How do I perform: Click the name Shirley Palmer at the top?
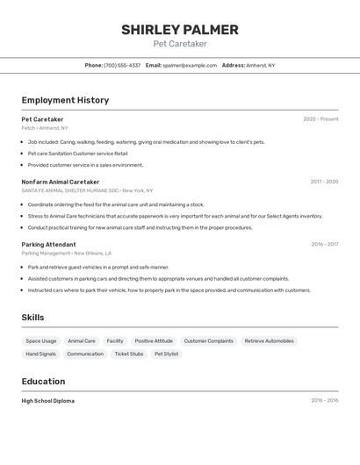pos(179,30)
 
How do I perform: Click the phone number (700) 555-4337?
pos(122,65)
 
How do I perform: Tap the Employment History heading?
pos(65,100)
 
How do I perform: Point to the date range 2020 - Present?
pos(320,119)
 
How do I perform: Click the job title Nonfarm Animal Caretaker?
pos(61,182)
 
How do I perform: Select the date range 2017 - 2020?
pos(324,182)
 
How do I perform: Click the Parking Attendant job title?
pos(48,245)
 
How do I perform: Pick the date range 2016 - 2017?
pos(324,245)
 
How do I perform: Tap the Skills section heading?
pos(32,318)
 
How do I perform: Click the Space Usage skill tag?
pos(41,340)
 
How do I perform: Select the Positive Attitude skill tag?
pos(154,340)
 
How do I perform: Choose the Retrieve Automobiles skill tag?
pos(269,340)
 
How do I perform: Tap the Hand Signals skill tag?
pos(40,354)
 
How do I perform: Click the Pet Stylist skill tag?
pos(166,354)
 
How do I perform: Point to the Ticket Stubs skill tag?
pos(129,354)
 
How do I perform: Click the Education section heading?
pos(43,382)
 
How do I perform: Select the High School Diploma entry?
pos(48,401)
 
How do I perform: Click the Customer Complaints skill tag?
pos(208,340)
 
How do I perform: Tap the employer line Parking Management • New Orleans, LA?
pos(66,253)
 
